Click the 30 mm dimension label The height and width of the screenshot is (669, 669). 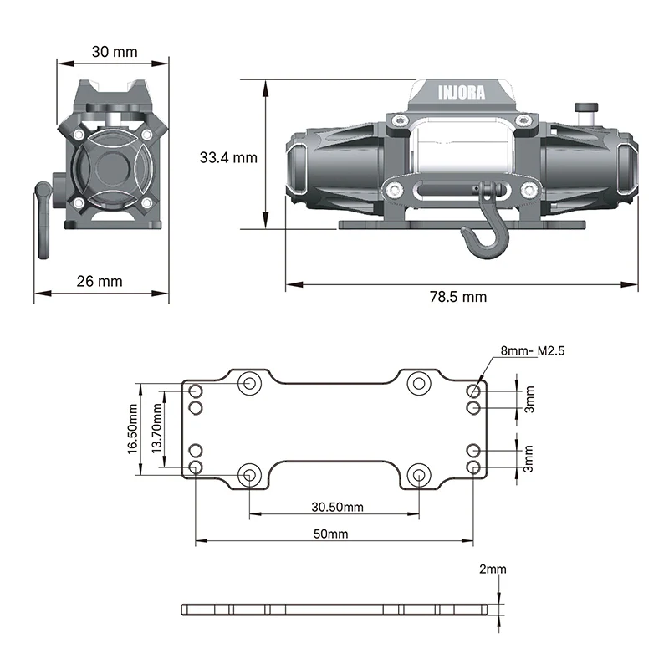pyautogui.click(x=115, y=52)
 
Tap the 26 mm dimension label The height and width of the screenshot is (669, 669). pyautogui.click(x=100, y=281)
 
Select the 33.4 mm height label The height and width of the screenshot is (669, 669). pyautogui.click(x=228, y=157)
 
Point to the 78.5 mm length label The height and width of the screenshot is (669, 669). pyautogui.click(x=457, y=297)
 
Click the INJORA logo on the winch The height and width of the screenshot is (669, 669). pyautogui.click(x=462, y=93)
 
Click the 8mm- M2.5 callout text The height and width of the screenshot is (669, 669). pyautogui.click(x=533, y=350)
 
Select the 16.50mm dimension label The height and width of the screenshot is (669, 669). pyautogui.click(x=132, y=429)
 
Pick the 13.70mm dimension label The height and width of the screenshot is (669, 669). pyautogui.click(x=156, y=428)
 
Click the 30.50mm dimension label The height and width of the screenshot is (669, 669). pyautogui.click(x=337, y=507)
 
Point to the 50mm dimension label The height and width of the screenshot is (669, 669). pyautogui.click(x=330, y=534)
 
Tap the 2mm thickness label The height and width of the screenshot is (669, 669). pyautogui.click(x=493, y=569)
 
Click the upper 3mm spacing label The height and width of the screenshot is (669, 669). pyautogui.click(x=529, y=400)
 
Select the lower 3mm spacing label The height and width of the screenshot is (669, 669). pyautogui.click(x=529, y=458)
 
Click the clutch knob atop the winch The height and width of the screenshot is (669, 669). pyautogui.click(x=586, y=112)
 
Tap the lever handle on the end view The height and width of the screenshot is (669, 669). pyautogui.click(x=43, y=220)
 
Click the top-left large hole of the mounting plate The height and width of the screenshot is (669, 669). pyautogui.click(x=249, y=383)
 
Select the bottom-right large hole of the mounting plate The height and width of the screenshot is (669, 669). pyautogui.click(x=419, y=475)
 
